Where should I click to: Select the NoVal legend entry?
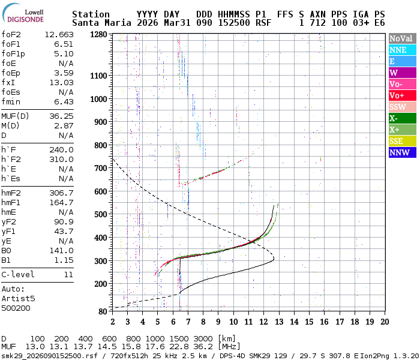click(401, 38)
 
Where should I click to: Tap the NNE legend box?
click(401, 50)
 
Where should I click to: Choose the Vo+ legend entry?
click(401, 95)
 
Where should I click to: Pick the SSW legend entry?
click(401, 107)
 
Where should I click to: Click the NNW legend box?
click(401, 152)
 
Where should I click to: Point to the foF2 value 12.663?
click(59, 34)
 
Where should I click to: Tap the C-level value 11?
click(68, 274)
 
